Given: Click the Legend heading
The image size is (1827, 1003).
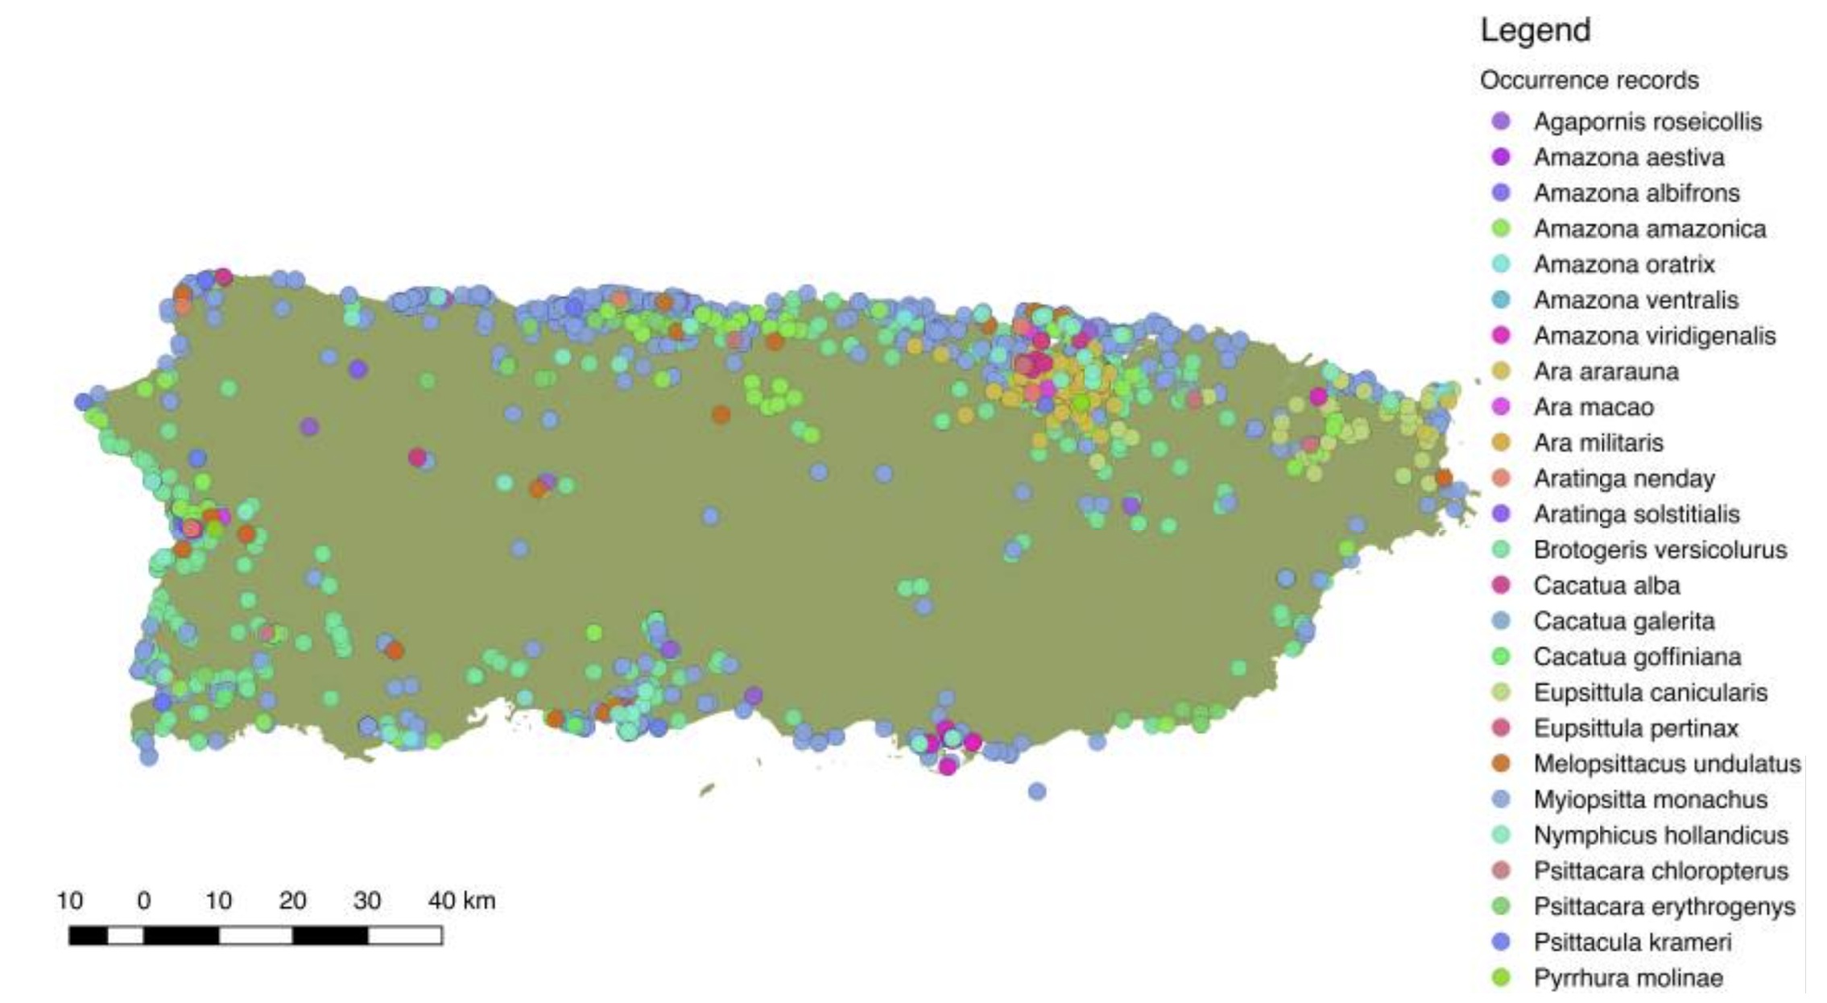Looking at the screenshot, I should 1535,31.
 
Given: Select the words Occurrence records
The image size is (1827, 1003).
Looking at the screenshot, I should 1589,81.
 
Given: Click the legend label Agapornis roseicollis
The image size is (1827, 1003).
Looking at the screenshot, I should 1647,122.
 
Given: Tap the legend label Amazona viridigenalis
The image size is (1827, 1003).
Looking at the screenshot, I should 1654,336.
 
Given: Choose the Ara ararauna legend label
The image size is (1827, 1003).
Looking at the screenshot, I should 1606,371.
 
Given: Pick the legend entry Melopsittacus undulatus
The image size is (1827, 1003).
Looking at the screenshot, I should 1666,764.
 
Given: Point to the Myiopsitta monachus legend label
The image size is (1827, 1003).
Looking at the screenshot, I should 1650,799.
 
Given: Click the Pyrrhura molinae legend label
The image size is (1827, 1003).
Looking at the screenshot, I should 1628,978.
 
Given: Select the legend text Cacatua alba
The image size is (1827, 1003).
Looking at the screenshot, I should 1606,586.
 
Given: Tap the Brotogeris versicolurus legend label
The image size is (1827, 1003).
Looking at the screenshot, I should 1660,550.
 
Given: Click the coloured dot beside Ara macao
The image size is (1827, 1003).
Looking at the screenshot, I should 1501,407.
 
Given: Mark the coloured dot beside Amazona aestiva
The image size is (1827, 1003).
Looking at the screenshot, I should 1501,157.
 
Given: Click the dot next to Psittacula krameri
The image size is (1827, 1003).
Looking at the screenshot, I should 1501,942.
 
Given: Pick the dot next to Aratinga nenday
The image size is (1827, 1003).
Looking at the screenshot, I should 1501,479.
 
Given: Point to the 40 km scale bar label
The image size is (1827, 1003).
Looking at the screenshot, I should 461,901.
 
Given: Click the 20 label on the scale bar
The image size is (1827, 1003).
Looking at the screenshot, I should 292,901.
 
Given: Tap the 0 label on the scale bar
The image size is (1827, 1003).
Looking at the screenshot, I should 144,901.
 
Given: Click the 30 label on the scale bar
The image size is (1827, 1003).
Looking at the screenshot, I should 366,901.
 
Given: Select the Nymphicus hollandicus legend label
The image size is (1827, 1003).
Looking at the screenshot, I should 1660,835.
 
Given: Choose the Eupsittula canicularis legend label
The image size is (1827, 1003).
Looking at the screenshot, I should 1650,693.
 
